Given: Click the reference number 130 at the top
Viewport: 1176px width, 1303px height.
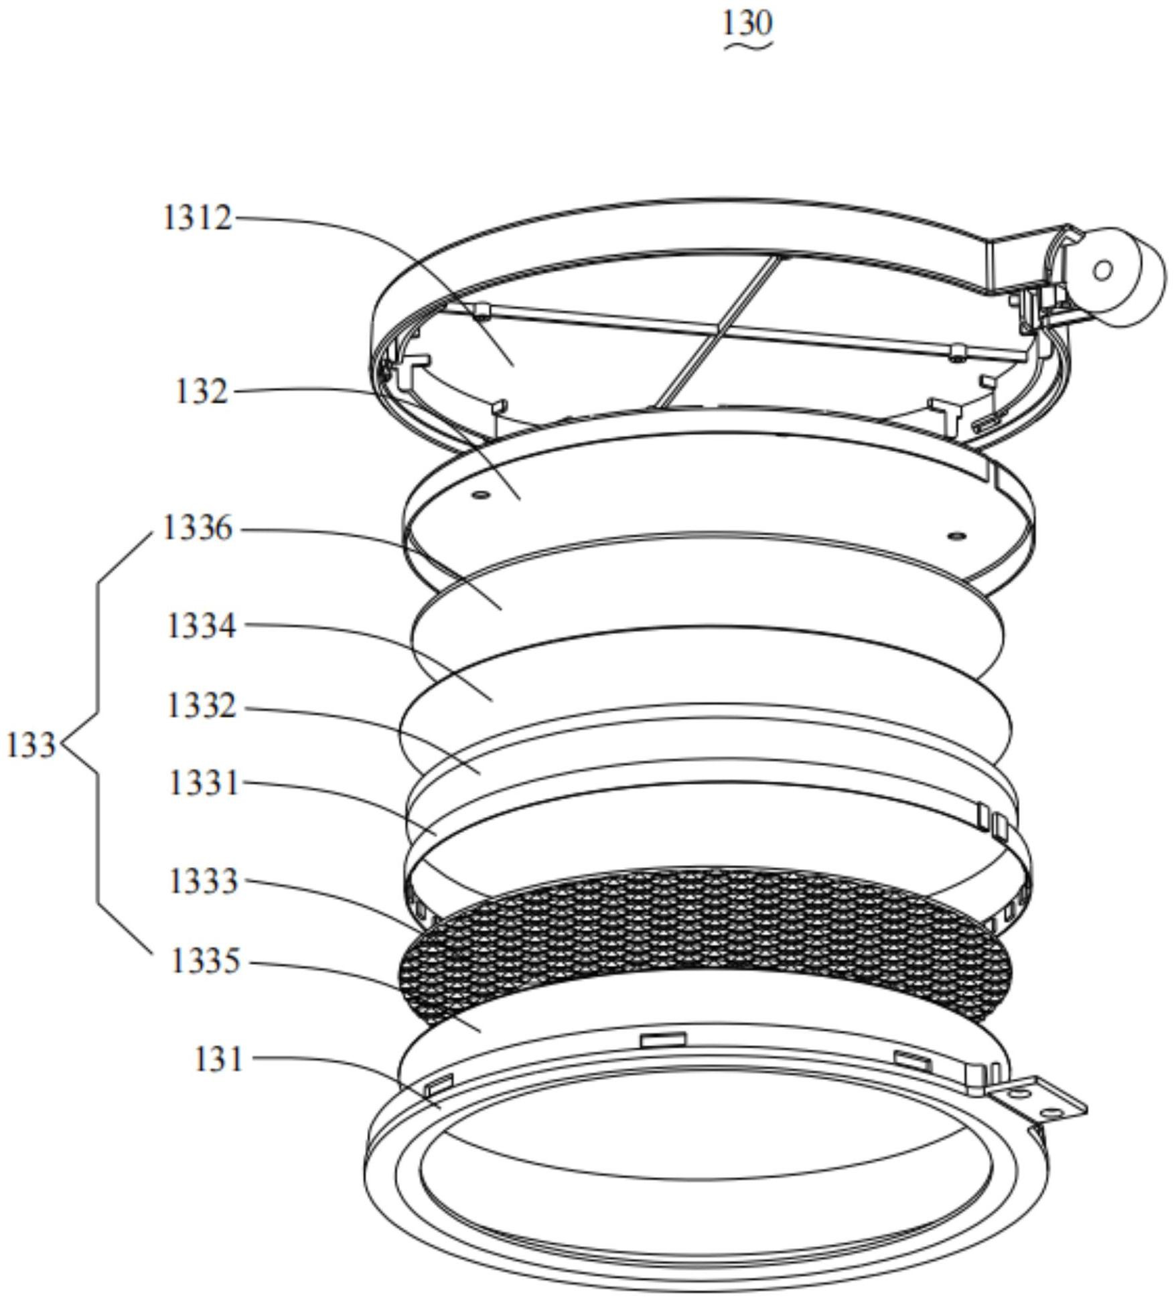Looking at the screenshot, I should point(747,23).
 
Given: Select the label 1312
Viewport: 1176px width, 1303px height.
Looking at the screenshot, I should point(198,218).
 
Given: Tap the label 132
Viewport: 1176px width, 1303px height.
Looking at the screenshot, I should point(201,392).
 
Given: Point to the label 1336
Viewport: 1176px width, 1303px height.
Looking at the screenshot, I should point(198,529).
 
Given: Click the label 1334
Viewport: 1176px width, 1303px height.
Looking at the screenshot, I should point(201,627).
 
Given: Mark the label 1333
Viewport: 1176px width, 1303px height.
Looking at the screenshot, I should point(204,882).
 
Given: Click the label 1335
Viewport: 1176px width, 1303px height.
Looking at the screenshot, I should point(205,962).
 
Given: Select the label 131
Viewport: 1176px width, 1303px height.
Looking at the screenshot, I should point(218,1060).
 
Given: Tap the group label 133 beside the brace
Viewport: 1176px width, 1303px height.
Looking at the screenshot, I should point(30,745).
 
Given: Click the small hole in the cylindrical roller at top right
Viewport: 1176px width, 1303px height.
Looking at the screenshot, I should point(1102,270).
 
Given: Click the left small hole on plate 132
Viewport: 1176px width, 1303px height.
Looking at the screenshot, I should point(480,495).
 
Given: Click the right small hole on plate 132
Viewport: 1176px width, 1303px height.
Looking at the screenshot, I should point(956,536).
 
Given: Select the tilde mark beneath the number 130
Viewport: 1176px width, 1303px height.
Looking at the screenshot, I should point(747,46).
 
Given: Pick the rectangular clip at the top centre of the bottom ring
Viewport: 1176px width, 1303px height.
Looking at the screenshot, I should point(663,1039).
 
